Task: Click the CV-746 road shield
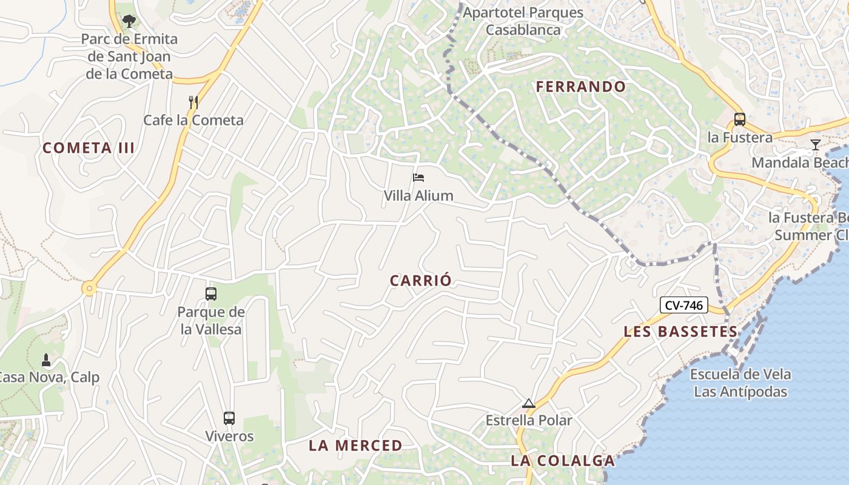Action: tap(683, 306)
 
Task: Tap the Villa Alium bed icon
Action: tap(418, 178)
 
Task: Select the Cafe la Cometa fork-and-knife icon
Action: tap(193, 102)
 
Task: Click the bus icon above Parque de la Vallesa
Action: tap(211, 294)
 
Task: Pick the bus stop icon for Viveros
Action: tap(229, 418)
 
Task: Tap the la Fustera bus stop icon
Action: tap(739, 119)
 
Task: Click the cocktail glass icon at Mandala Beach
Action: tap(816, 145)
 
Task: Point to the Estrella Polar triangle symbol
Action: tap(529, 404)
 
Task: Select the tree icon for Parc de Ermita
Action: tap(129, 22)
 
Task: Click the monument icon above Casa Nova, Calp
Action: tap(46, 360)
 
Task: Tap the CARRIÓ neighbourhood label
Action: tap(421, 281)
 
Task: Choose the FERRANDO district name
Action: tap(580, 87)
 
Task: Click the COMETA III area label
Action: tap(89, 148)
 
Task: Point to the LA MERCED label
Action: tap(355, 446)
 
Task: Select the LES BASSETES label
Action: tap(680, 332)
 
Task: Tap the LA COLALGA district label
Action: tap(563, 461)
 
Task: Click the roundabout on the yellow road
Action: tap(90, 289)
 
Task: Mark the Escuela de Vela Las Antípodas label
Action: tap(740, 383)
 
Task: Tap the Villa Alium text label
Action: tap(418, 195)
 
